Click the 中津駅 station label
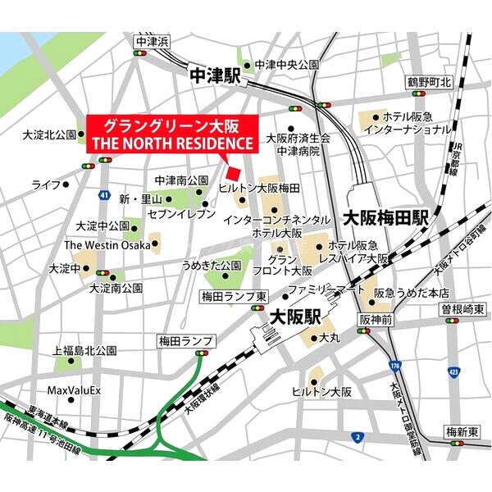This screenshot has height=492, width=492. coord(215,75)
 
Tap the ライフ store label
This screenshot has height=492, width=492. coord(47,184)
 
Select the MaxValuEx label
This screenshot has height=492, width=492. coord(74,390)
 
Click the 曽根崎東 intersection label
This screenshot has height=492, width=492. coord(462,308)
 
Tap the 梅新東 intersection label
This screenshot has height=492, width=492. coord(462,431)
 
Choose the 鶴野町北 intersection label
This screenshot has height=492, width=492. coord(430,83)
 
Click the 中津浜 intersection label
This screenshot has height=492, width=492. coord(152,41)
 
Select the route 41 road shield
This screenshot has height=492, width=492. coord(103,194)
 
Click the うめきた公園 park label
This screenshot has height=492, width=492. coord(212,266)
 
